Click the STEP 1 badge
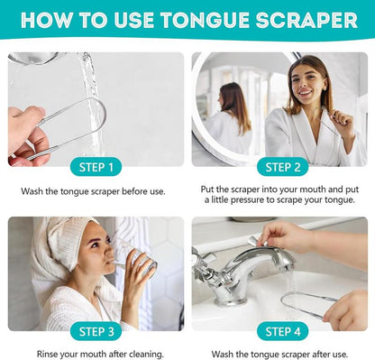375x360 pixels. (x=96, y=166)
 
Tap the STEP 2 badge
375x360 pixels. (x=282, y=166)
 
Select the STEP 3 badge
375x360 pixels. (x=96, y=331)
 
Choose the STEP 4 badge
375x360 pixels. (x=282, y=331)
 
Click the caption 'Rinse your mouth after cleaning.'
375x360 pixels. (x=96, y=354)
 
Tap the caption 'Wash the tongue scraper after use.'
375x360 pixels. (x=282, y=354)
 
